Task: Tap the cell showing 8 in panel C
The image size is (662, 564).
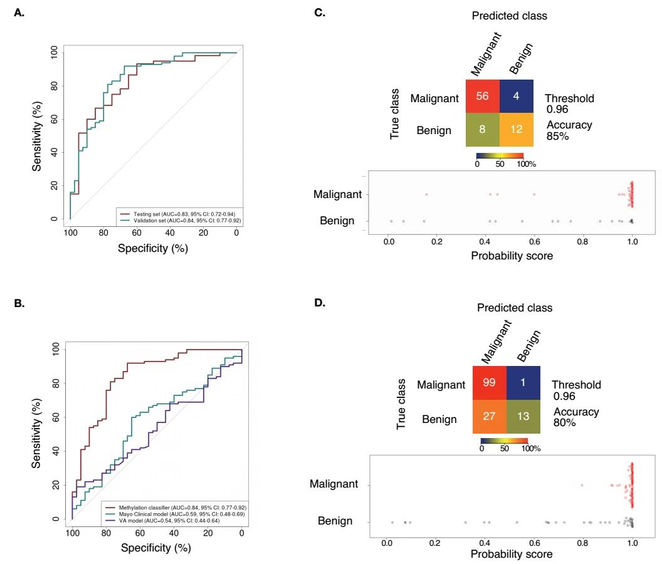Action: pyautogui.click(x=482, y=130)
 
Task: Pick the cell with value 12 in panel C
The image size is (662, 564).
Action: pyautogui.click(x=516, y=130)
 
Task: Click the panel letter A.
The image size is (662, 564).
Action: pyautogui.click(x=19, y=13)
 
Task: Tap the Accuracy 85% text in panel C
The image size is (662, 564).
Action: pyautogui.click(x=569, y=130)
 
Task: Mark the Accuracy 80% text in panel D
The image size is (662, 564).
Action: pyautogui.click(x=575, y=417)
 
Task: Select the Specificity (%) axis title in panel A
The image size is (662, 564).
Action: pyautogui.click(x=152, y=248)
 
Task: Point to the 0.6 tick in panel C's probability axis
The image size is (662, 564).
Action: pyautogui.click(x=535, y=240)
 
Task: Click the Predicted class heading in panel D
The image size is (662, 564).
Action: pyautogui.click(x=515, y=308)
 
